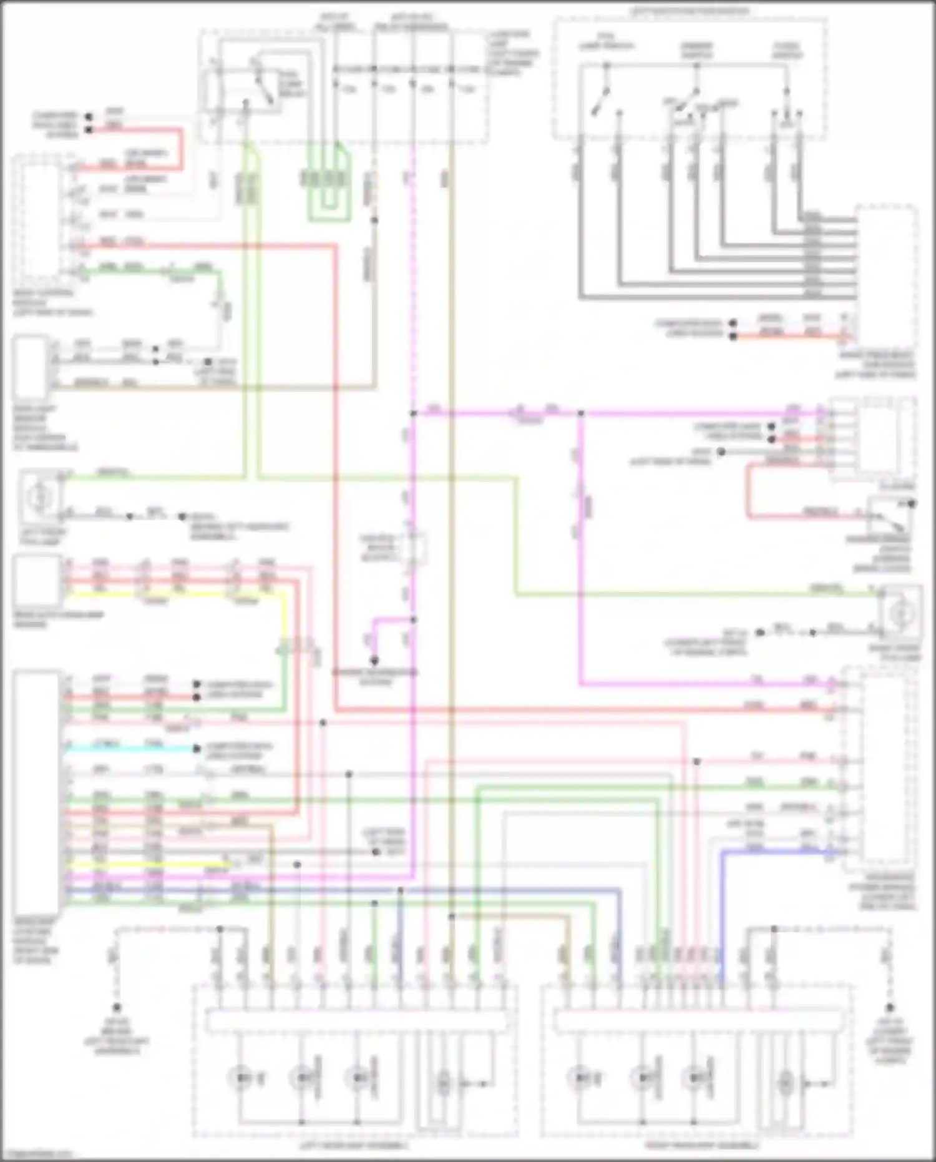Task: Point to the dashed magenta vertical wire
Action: [x=412, y=281]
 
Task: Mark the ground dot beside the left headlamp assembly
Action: [x=117, y=1008]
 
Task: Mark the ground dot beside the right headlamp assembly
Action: [x=890, y=1008]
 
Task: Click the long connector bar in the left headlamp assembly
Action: [x=356, y=1022]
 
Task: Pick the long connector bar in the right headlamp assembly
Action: [x=699, y=1022]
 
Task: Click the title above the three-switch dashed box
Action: [x=689, y=11]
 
